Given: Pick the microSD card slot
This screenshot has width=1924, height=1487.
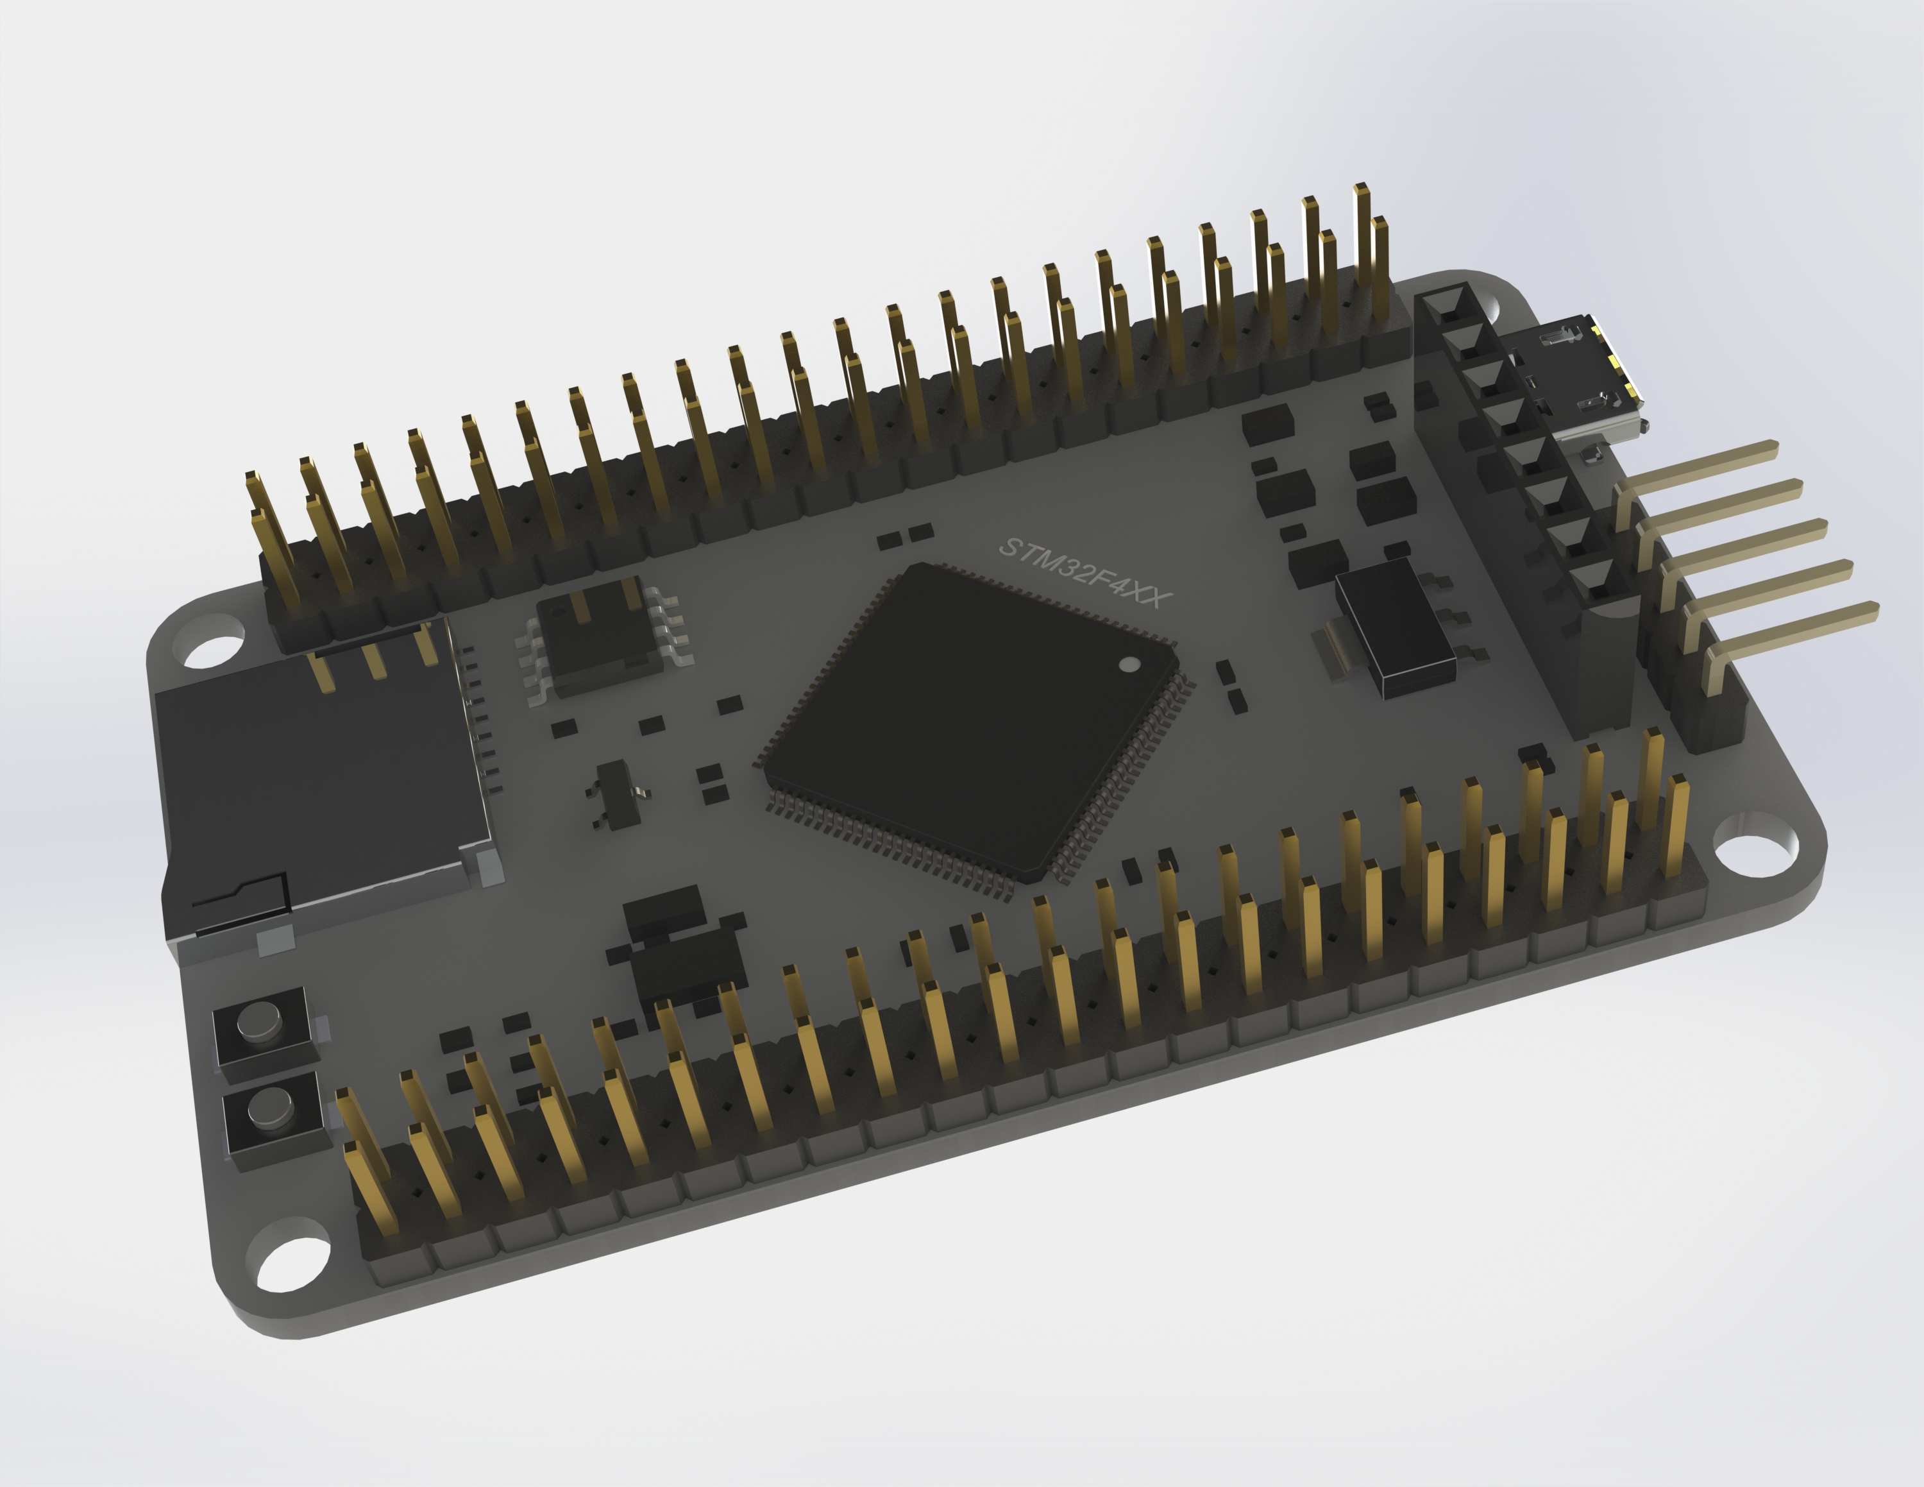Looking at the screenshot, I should [317, 775].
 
